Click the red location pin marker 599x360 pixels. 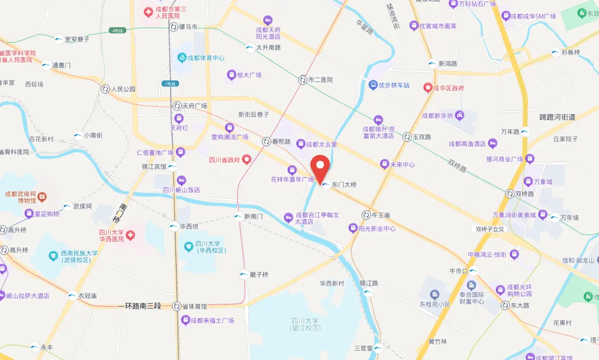pos(320,168)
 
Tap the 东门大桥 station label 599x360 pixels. pos(344,185)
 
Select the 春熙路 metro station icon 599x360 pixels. pos(266,141)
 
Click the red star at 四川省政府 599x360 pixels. pos(247,159)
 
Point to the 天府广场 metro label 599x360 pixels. pos(195,106)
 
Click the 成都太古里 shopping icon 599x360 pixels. pos(301,144)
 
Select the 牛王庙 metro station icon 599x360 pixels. pos(366,214)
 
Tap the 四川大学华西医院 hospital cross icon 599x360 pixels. pos(131,236)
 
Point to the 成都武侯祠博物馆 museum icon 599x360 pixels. pos(42,197)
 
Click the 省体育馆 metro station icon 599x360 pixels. pos(177,306)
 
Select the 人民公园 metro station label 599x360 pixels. pos(124,89)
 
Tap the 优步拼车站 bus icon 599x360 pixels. pos(373,85)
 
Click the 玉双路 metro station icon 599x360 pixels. pos(407,137)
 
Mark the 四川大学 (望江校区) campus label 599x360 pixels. pos(305,324)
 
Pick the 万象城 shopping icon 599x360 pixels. pos(528,182)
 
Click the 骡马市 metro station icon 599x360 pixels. pos(174,27)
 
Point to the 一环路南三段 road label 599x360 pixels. pos(140,306)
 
